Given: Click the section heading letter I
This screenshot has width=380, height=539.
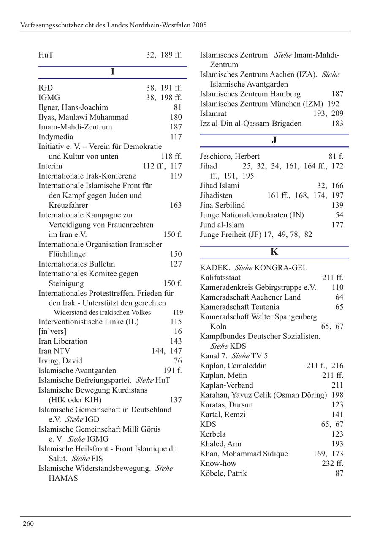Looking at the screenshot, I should tap(112, 72).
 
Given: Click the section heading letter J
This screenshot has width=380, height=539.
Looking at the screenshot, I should tap(274, 140).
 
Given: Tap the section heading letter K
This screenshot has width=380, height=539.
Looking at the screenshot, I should tap(274, 252).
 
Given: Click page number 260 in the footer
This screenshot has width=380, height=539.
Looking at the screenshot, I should tap(28, 524).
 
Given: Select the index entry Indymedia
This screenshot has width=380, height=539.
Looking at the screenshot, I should tap(56, 137).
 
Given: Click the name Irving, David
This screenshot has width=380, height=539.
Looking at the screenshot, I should tap(60, 361).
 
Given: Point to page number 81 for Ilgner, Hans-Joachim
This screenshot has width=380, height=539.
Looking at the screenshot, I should tap(177, 107).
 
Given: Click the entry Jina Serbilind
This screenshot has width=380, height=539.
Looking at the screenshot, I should tap(222, 205).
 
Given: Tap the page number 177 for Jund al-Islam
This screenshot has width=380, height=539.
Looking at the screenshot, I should tap(337, 225).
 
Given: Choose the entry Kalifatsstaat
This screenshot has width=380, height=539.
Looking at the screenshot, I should tap(220, 278).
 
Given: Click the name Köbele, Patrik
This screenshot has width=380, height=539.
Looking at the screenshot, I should tap(223, 473).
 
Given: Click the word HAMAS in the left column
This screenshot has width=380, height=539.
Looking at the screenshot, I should tap(63, 478).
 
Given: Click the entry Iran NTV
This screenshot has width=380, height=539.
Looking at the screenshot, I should tap(54, 351).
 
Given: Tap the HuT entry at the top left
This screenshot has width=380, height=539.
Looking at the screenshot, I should tap(46, 55).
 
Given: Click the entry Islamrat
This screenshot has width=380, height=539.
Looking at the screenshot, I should tap(213, 113).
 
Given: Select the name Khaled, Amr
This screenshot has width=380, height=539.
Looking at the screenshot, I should tap(219, 444).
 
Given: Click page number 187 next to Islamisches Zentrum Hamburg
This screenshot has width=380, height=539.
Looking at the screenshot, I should tap(337, 94).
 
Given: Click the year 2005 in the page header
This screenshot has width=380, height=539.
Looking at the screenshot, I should tap(199, 25).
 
